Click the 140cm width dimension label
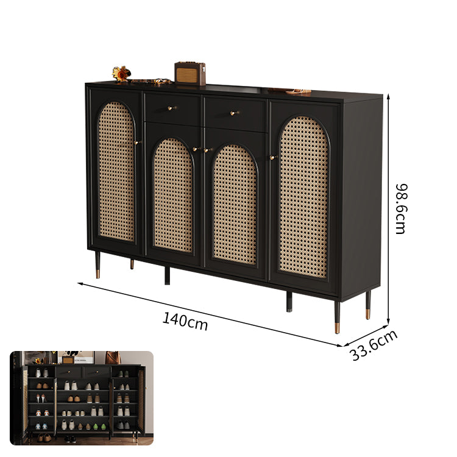pyautogui.click(x=185, y=321)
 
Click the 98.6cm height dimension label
pyautogui.click(x=402, y=208)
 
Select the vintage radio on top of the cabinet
pyautogui.click(x=190, y=74)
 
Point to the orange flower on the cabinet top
pyautogui.click(x=121, y=74)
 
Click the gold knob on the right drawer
pyautogui.click(x=234, y=113)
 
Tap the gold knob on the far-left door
pyautogui.click(x=137, y=143)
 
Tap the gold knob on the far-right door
pyautogui.click(x=273, y=158)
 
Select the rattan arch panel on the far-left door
pyautogui.click(x=116, y=172)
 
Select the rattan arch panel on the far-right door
pyautogui.click(x=303, y=197)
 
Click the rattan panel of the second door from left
pyautogui.click(x=173, y=195)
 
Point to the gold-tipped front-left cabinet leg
pyautogui.click(x=97, y=264)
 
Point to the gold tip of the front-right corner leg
pyautogui.click(x=337, y=328)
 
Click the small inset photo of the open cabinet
pyautogui.click(x=82, y=398)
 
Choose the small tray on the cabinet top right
pyautogui.click(x=297, y=92)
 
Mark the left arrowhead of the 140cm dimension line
pyautogui.click(x=79, y=283)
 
